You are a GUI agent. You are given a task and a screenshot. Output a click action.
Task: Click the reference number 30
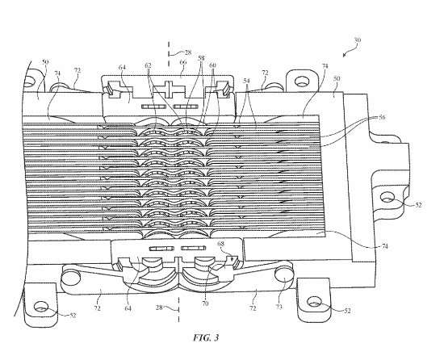point(358,40)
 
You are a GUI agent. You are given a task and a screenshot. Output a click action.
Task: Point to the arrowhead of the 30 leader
point(344,55)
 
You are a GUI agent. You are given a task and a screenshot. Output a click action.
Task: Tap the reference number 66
point(183,62)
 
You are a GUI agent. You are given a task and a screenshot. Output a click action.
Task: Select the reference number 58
point(201,58)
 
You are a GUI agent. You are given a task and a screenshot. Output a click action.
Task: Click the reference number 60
point(212,65)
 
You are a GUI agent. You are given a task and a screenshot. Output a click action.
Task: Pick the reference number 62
point(148,65)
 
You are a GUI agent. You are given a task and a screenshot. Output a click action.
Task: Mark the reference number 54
point(246,81)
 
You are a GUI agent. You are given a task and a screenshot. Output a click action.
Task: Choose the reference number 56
point(382,117)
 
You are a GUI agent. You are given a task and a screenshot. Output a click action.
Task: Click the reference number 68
point(221,244)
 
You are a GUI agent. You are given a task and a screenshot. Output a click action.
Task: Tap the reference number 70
point(205,303)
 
